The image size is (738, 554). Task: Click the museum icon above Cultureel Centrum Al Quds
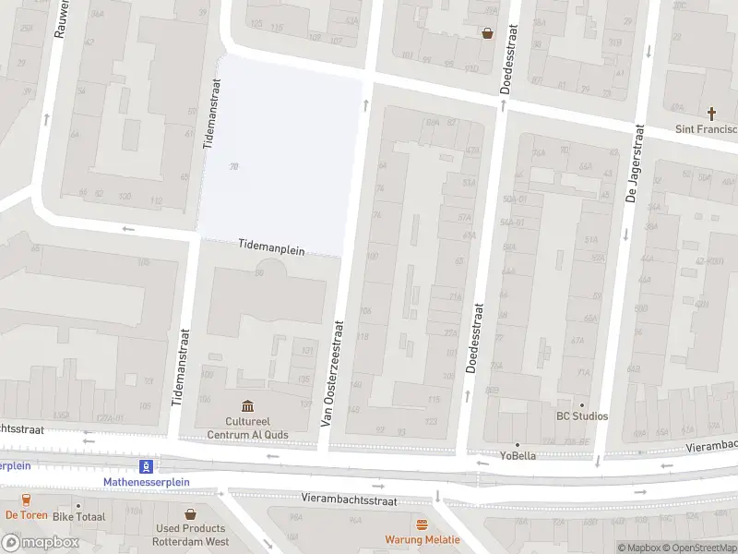pyautogui.click(x=247, y=406)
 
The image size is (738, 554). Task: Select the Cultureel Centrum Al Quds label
pyautogui.click(x=247, y=428)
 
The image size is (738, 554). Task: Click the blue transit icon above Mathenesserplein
pyautogui.click(x=146, y=466)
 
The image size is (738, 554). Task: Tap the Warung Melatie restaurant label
pyautogui.click(x=422, y=540)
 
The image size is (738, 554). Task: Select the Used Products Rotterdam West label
pyautogui.click(x=191, y=536)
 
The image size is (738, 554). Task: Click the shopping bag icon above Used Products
pyautogui.click(x=191, y=514)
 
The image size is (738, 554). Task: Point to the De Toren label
pyautogui.click(x=26, y=515)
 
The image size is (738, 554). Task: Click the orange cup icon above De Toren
pyautogui.click(x=26, y=500)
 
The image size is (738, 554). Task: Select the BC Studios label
pyautogui.click(x=581, y=416)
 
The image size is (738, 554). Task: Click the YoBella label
pyautogui.click(x=518, y=455)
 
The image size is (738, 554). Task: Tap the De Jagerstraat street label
pyautogui.click(x=634, y=163)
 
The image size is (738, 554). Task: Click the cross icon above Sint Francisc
pyautogui.click(x=711, y=114)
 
